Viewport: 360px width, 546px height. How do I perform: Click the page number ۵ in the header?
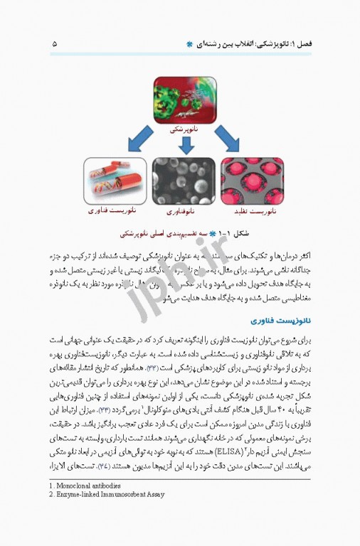(54, 44)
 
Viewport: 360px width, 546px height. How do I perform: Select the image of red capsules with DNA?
(115, 181)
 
